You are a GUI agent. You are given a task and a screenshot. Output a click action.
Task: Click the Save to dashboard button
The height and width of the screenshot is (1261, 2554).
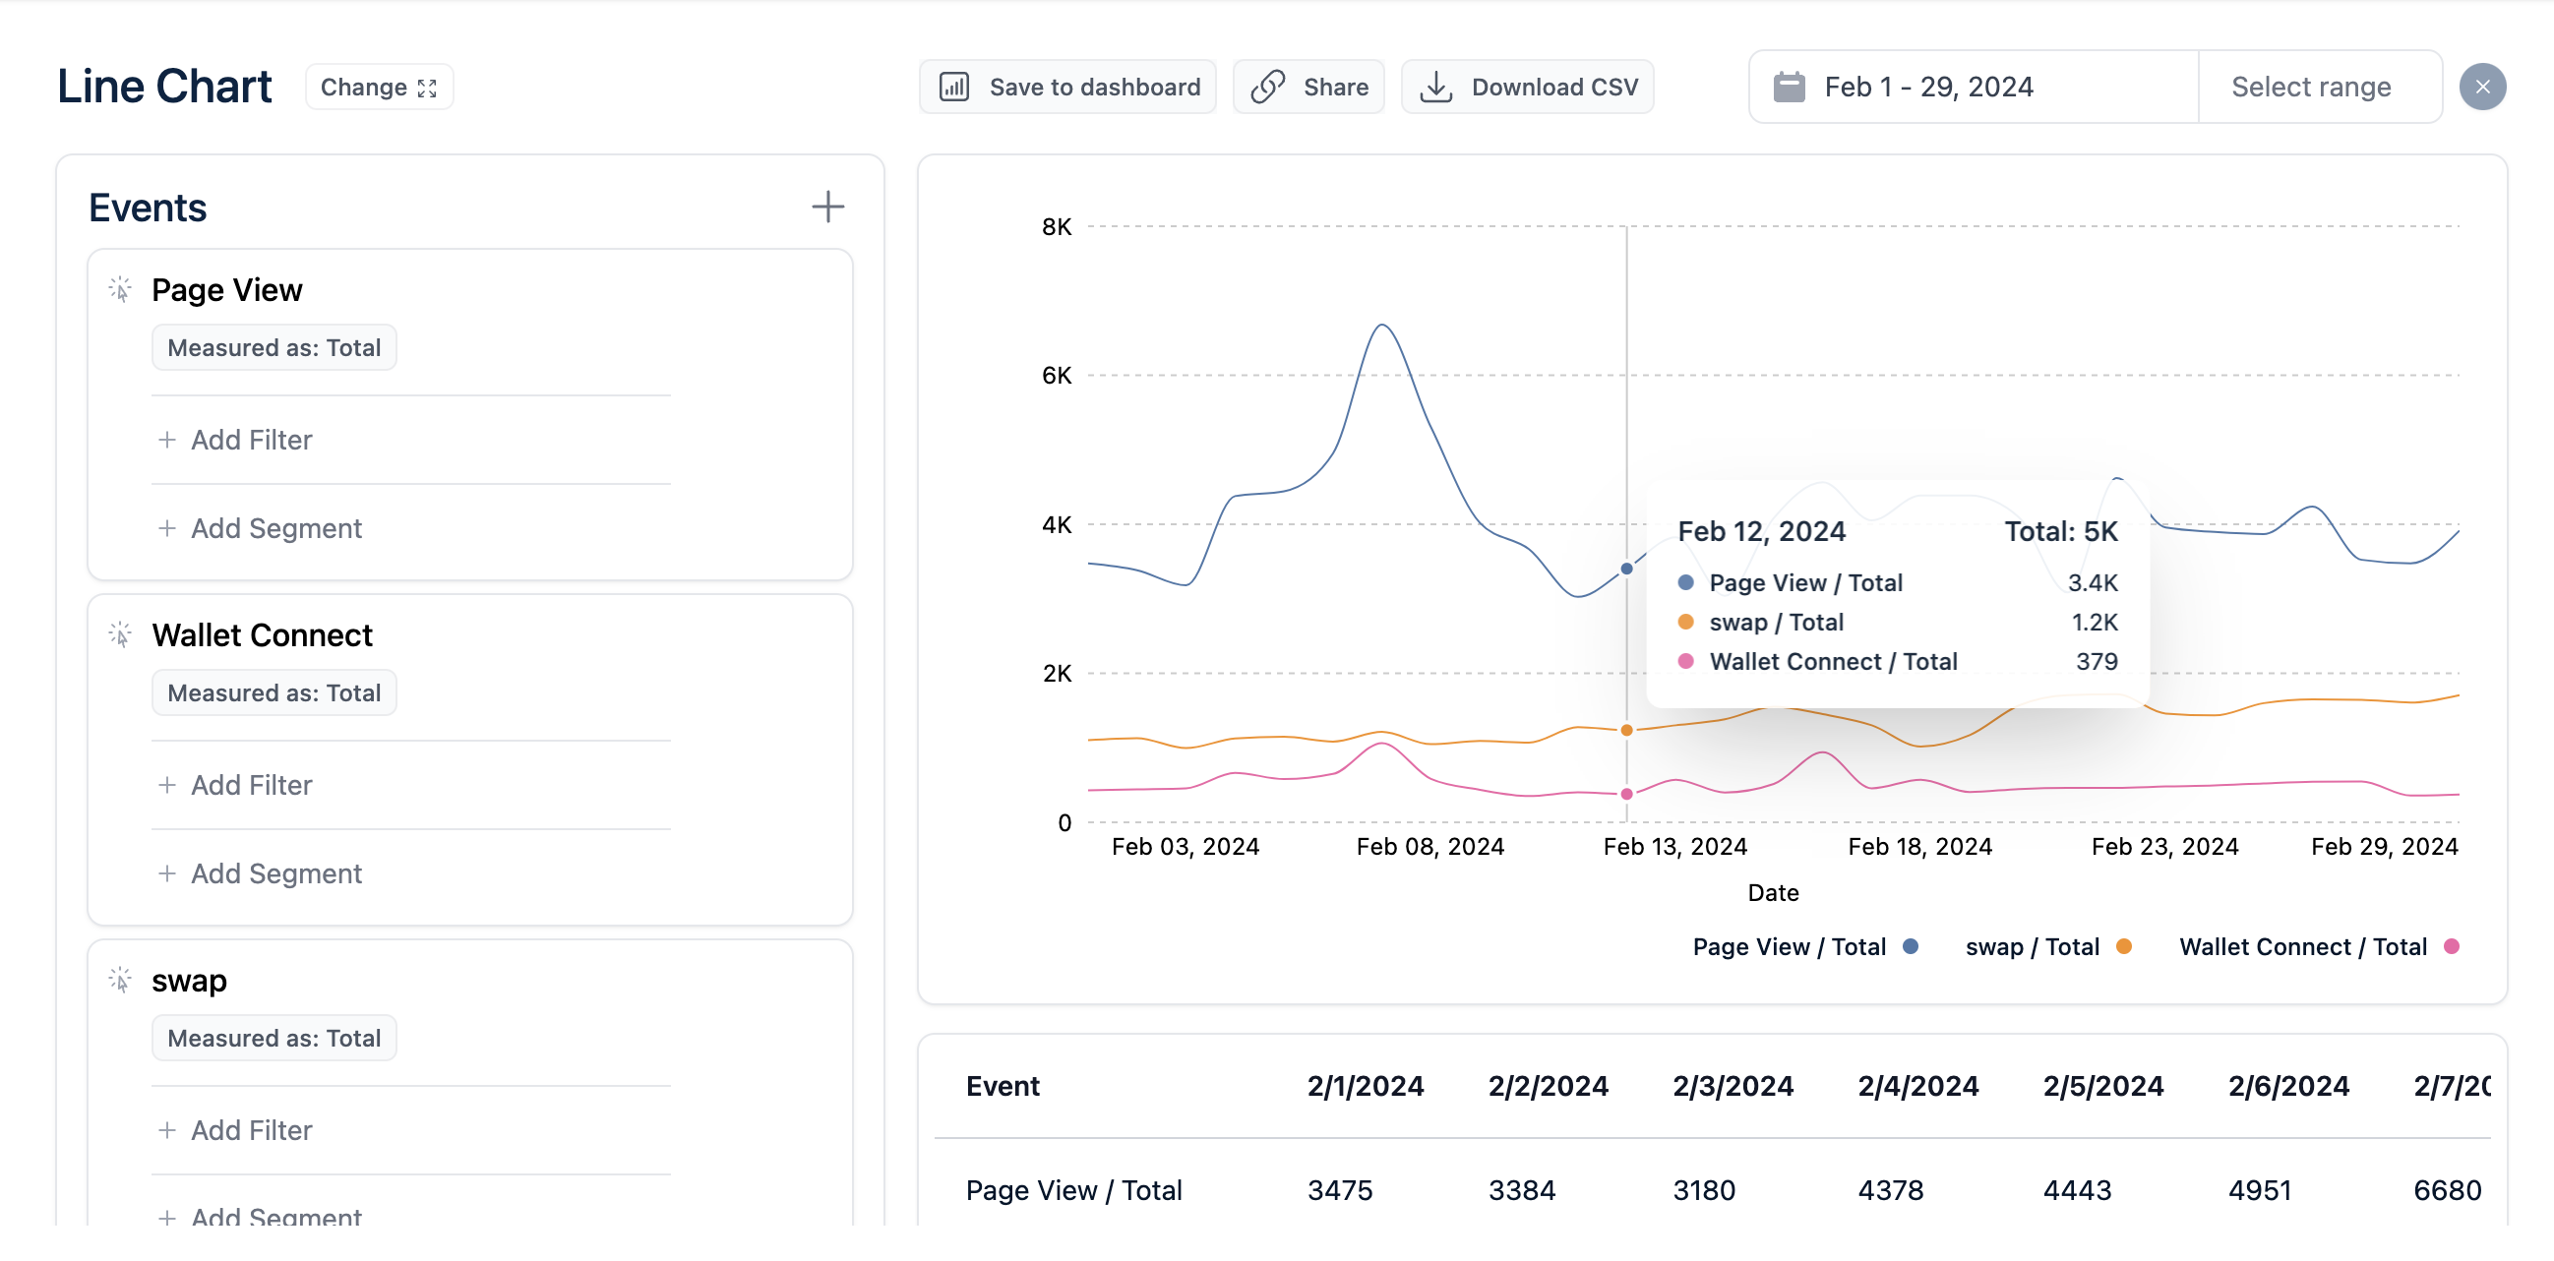click(x=1066, y=88)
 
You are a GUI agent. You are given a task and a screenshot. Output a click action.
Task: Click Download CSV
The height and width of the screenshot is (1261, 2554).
click(x=1527, y=88)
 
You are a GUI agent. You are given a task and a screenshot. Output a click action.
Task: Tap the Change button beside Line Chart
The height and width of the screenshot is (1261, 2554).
click(x=379, y=88)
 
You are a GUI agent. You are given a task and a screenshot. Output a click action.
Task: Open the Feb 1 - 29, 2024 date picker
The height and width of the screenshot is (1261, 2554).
click(x=1974, y=88)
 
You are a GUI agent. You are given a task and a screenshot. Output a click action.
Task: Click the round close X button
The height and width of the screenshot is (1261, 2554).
click(x=2482, y=88)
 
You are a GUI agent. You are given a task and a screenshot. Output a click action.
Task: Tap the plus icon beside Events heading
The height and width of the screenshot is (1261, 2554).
click(x=827, y=208)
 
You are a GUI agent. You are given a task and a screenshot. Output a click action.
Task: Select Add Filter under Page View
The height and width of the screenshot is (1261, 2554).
click(x=236, y=440)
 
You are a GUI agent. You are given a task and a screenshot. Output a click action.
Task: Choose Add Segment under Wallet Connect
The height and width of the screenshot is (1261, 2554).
click(x=261, y=873)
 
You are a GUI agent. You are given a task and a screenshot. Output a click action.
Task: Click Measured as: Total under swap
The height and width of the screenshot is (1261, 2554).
click(x=274, y=1038)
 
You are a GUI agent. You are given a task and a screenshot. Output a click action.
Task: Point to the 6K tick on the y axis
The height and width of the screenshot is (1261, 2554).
click(x=1056, y=376)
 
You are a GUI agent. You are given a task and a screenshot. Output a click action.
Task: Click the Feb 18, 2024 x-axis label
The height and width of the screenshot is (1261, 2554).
click(x=1919, y=847)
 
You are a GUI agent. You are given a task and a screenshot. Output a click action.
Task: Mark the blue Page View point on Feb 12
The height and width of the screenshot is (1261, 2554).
click(x=1627, y=570)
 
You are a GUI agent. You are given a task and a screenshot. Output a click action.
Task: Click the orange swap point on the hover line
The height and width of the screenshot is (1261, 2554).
click(x=1627, y=731)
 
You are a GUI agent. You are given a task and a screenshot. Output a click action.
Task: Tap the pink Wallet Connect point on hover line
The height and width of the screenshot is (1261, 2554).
click(x=1627, y=794)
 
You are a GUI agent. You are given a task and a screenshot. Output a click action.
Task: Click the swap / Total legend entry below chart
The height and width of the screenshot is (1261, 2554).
click(x=2048, y=947)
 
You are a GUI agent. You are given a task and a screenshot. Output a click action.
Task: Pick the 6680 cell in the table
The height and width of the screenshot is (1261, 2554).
click(x=2447, y=1189)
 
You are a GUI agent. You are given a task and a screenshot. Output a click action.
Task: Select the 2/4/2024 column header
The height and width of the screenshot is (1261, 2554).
click(x=1917, y=1087)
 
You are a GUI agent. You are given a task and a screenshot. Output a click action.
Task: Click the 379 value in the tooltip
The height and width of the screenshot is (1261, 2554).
click(x=2097, y=661)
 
